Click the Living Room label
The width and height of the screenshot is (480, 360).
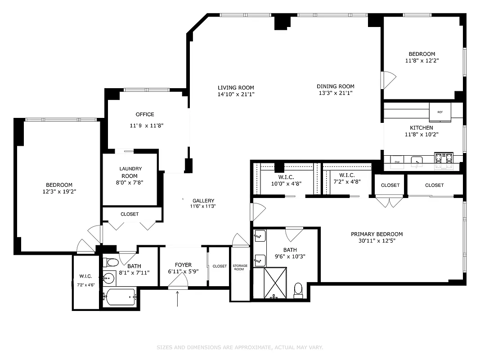236,88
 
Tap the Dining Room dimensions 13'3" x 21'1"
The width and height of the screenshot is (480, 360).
335,93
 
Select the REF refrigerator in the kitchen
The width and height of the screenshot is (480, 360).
440,112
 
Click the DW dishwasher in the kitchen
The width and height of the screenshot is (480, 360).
397,162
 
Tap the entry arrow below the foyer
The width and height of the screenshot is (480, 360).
177,299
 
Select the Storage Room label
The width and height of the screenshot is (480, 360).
240,268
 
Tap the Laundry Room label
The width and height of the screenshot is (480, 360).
130,172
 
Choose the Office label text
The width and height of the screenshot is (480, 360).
145,114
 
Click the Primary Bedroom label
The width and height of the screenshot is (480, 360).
377,234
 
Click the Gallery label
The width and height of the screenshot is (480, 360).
203,201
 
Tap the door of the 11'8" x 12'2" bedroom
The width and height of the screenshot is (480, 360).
388,80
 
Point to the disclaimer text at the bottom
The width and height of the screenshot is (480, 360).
240,347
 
